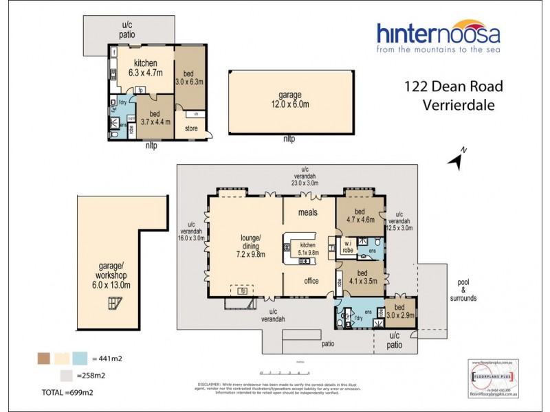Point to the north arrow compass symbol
click(456, 159)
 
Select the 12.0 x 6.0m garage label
click(294, 100)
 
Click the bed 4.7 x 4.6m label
click(358, 216)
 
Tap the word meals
click(307, 212)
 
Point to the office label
click(312, 280)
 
